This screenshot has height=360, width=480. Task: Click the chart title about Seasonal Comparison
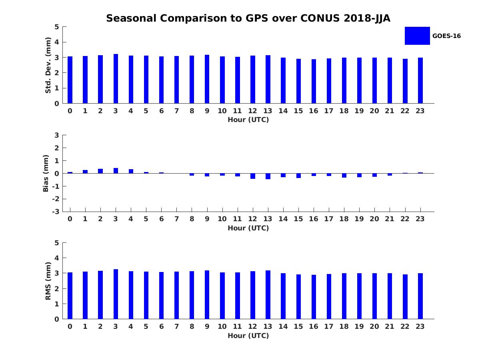point(248,18)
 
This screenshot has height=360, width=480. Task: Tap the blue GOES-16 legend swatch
point(417,36)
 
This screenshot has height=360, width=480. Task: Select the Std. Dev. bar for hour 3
point(116,79)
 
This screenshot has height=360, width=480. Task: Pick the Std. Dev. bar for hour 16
point(314,81)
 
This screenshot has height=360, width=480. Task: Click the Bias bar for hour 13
point(268,176)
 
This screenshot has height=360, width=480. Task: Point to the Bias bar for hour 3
point(116,171)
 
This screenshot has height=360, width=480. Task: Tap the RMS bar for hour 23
point(420,296)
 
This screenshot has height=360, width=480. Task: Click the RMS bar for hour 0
point(70,296)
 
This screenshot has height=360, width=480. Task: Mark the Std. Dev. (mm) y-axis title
point(48,65)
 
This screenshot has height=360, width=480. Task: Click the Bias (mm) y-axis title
point(46,173)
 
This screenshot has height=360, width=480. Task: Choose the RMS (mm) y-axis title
point(48,281)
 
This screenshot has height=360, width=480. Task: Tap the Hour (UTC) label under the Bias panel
point(248,228)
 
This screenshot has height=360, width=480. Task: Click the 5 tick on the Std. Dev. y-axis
point(57,27)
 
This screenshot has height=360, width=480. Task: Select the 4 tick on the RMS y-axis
point(57,258)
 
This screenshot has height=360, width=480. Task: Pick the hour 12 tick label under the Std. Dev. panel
point(252,111)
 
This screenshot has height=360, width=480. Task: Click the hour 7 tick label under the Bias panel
point(176,219)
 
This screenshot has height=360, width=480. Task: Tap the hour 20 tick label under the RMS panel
point(374,326)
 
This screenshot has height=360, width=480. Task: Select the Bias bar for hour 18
point(344,175)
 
